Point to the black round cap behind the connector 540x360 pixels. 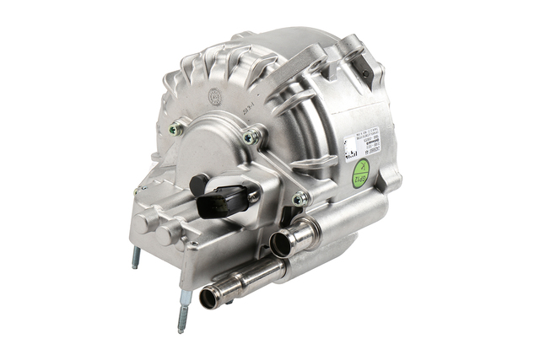click(x=199, y=183)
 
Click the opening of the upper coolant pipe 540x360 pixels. click(x=280, y=244)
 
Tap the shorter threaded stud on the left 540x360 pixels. click(x=136, y=258)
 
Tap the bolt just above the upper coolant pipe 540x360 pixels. click(x=299, y=199)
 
